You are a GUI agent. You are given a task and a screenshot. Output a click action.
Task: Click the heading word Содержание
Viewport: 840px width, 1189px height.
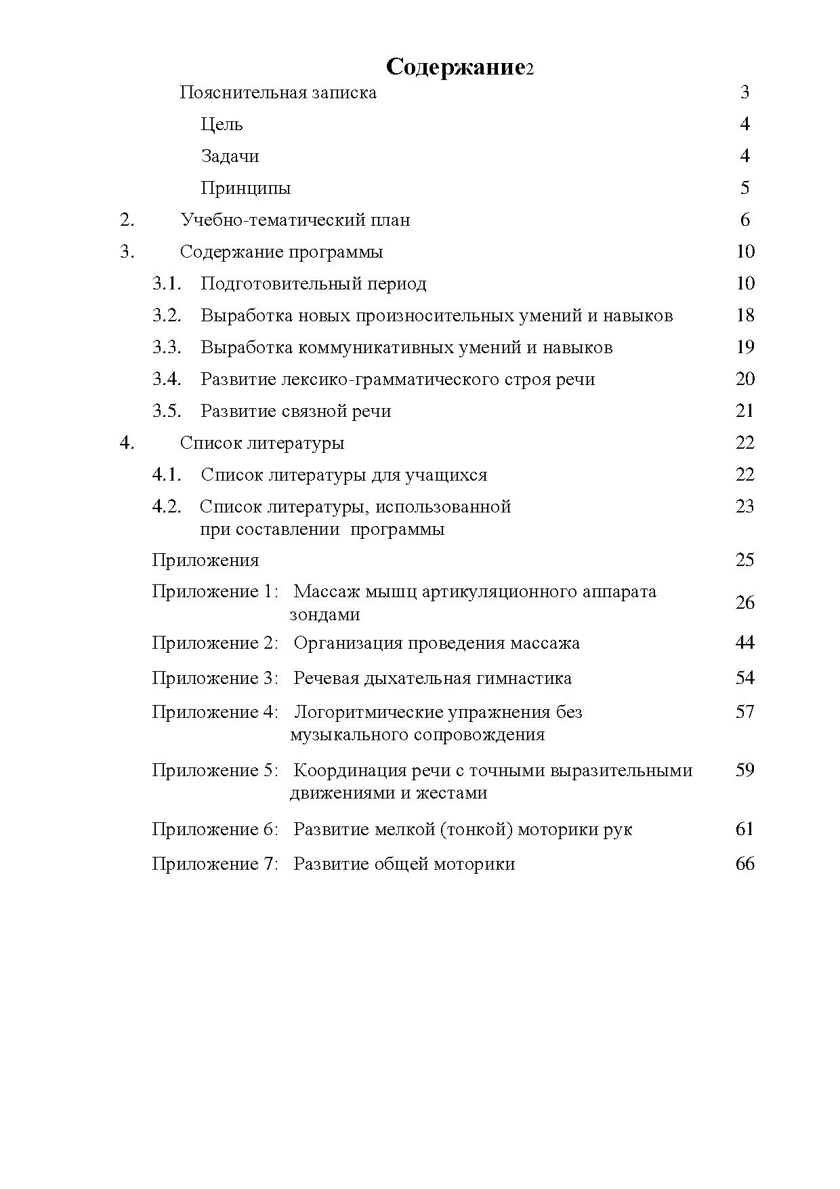[455, 67]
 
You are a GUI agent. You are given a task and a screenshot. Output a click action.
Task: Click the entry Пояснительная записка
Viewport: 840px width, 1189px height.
[278, 92]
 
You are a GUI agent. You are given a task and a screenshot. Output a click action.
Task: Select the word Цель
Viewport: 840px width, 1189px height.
[222, 124]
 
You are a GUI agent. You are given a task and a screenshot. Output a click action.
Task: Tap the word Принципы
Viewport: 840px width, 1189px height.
[245, 188]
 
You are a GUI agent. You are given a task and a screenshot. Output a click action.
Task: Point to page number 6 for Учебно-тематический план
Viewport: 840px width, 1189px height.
[745, 220]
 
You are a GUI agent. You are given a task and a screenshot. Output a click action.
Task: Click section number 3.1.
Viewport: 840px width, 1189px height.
[167, 283]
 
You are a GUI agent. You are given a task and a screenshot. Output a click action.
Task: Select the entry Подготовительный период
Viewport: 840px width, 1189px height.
[314, 283]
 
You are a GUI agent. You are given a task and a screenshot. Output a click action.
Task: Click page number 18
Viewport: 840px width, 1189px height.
[745, 315]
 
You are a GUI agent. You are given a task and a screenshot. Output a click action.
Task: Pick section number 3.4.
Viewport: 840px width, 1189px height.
[167, 379]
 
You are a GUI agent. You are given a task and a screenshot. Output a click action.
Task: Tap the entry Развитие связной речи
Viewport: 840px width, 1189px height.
[296, 411]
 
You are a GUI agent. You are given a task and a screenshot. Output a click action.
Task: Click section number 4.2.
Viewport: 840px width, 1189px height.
[167, 506]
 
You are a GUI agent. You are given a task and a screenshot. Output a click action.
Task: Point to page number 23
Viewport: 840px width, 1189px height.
[745, 506]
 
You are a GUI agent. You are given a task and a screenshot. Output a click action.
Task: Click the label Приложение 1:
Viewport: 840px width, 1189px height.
[215, 591]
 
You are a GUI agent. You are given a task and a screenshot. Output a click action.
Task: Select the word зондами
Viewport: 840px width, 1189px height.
[324, 614]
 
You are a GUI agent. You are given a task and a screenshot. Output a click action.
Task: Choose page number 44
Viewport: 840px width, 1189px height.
[745, 643]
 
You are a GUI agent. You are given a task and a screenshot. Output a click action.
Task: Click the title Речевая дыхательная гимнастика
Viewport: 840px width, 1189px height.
[432, 678]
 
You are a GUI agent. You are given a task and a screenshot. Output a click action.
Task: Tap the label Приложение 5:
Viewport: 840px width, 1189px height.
[215, 770]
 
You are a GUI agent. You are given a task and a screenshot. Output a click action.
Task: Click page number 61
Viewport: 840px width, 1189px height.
[745, 829]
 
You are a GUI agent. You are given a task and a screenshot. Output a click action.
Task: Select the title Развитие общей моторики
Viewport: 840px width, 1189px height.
[404, 864]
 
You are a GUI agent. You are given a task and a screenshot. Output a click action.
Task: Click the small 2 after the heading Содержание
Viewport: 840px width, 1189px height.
[530, 70]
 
